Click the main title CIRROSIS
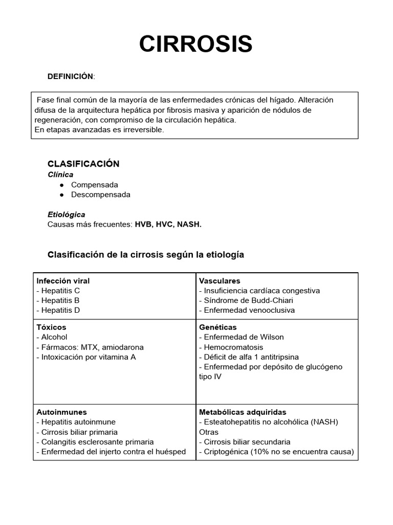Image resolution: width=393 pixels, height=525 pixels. coord(196,45)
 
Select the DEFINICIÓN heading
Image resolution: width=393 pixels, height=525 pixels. coord(70,76)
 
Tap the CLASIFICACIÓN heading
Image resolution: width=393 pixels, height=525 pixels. coord(83,164)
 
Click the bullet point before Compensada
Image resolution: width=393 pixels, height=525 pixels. coord(61,185)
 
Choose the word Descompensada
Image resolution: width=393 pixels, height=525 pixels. coord(100,195)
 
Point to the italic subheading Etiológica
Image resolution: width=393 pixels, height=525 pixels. coord(66,214)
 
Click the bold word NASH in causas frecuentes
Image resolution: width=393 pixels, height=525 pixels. coord(189,225)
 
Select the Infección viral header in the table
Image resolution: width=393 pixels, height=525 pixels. coord(63,281)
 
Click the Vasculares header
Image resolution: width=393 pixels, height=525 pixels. coord(220,281)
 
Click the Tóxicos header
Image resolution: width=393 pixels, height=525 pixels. coord(51,327)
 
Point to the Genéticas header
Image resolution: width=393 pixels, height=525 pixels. coord(217,327)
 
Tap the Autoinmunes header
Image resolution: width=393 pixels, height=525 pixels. coord(61,412)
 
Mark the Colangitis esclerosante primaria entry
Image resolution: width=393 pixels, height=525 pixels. coord(95,442)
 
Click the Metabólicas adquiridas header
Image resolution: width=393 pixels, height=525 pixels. coord(243,412)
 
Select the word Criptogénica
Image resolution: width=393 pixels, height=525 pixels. coord(225,452)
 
